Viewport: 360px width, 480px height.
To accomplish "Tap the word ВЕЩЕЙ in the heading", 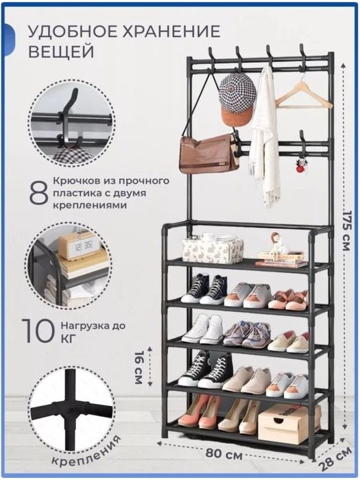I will (x=62, y=52).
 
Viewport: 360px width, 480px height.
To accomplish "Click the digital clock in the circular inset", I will (x=77, y=245).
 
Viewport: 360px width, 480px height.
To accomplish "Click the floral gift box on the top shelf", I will (x=213, y=248).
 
